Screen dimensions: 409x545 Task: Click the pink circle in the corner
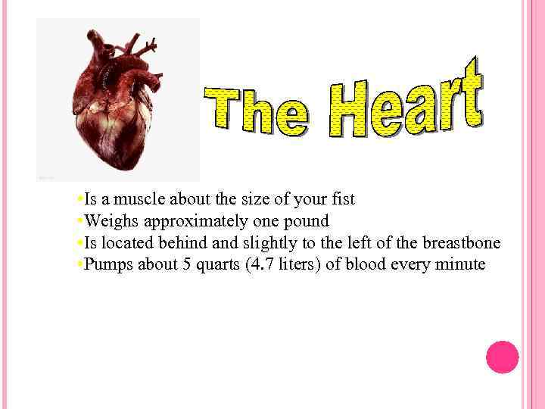tap(502, 357)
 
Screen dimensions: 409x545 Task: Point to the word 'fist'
tap(341, 200)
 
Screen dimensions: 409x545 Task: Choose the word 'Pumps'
tap(107, 265)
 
